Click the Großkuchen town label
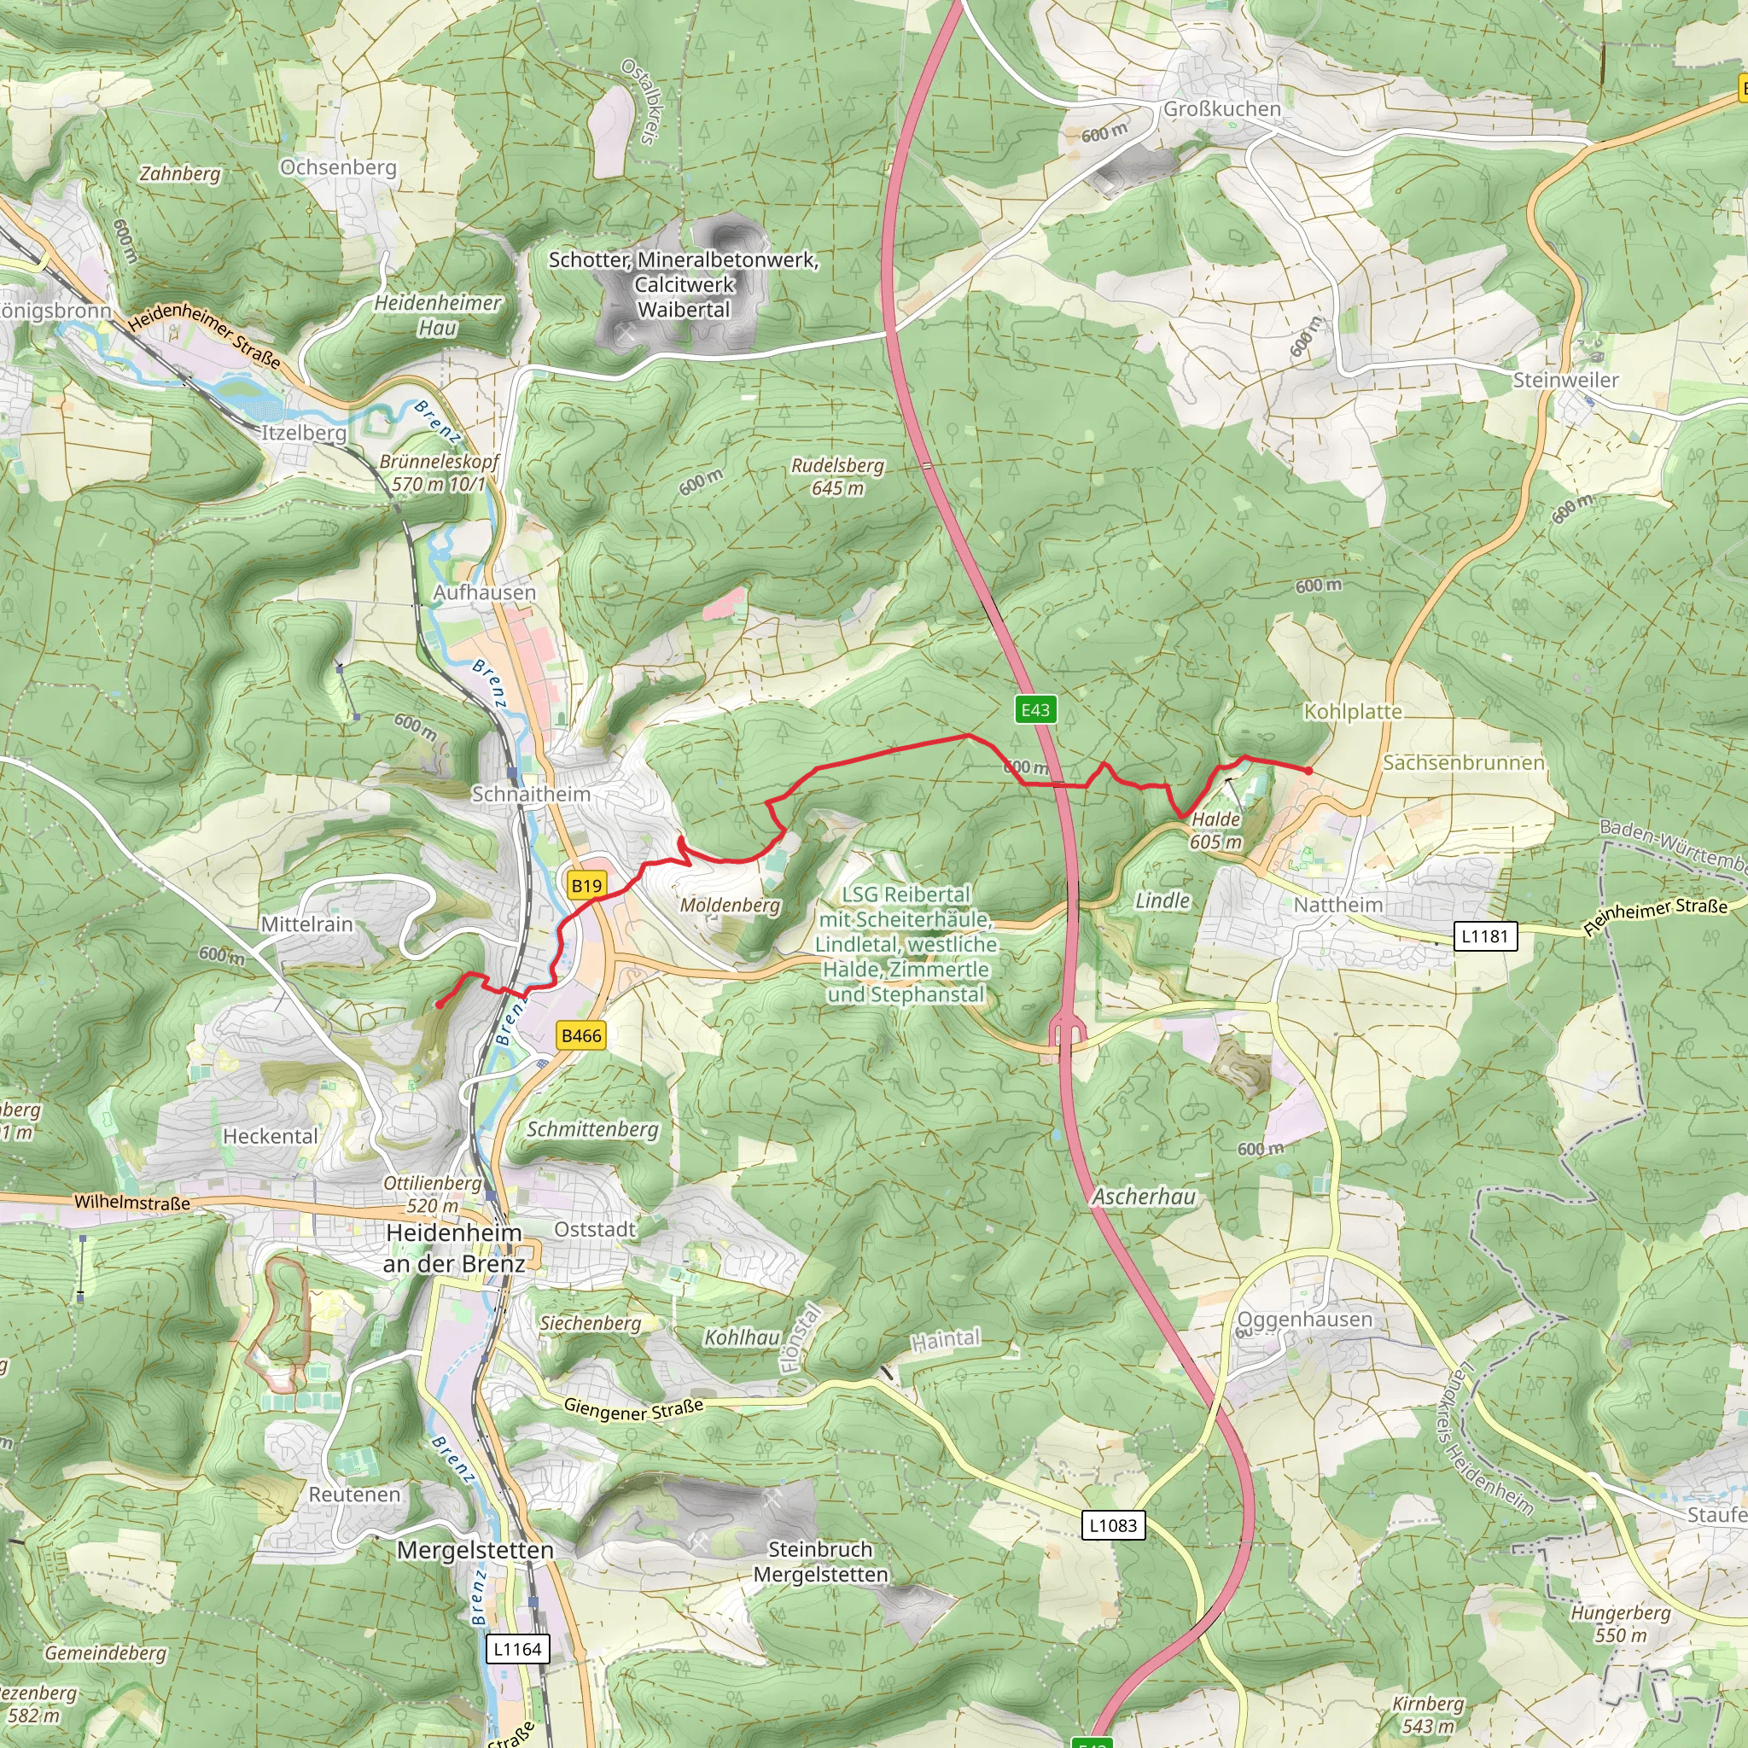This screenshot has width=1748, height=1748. [1221, 109]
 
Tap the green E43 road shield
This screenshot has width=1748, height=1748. [1035, 709]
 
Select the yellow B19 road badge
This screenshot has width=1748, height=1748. [586, 886]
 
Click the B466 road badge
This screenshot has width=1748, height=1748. [581, 1036]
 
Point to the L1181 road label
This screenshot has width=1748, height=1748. [1485, 936]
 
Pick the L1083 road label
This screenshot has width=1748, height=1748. [1113, 1525]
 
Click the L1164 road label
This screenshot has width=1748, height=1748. [516, 1649]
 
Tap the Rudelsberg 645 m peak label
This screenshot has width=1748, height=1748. [837, 477]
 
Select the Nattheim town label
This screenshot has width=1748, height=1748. [1338, 905]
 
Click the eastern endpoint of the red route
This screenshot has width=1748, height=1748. [1309, 771]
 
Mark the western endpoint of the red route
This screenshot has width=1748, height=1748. [439, 1005]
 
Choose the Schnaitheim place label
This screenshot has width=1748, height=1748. [531, 795]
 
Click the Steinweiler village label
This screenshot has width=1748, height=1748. [1566, 380]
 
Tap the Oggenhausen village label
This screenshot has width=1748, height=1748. [1305, 1320]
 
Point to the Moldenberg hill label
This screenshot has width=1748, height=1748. [729, 906]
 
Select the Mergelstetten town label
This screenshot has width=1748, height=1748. [475, 1550]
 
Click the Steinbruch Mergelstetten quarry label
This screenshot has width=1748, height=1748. [819, 1562]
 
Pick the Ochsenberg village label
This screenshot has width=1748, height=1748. [338, 167]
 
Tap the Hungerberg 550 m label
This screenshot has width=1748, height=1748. [1621, 1624]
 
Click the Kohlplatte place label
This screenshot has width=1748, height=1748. [1353, 712]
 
